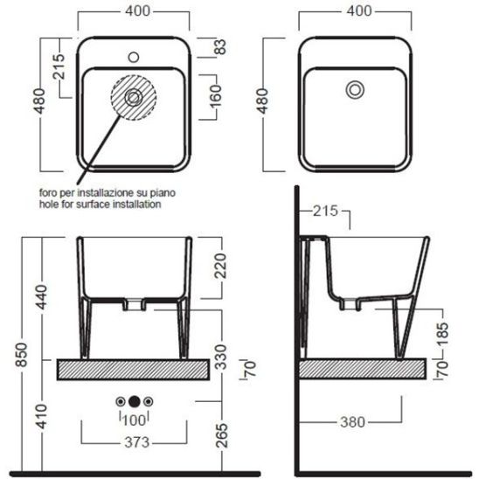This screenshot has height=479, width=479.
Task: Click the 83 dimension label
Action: click(221, 47)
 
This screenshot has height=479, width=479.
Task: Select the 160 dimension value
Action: click(216, 96)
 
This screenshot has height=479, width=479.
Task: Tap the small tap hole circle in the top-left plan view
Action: click(134, 57)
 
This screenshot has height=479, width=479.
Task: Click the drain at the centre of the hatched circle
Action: click(134, 98)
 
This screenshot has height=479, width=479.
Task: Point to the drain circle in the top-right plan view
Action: click(355, 90)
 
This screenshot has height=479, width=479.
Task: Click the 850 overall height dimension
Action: click(23, 354)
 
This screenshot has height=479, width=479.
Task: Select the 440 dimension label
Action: click(41, 297)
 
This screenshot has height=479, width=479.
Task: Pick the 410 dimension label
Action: click(41, 416)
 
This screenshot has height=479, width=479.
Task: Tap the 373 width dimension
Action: click(137, 442)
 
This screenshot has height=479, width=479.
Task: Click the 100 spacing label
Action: click(134, 420)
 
